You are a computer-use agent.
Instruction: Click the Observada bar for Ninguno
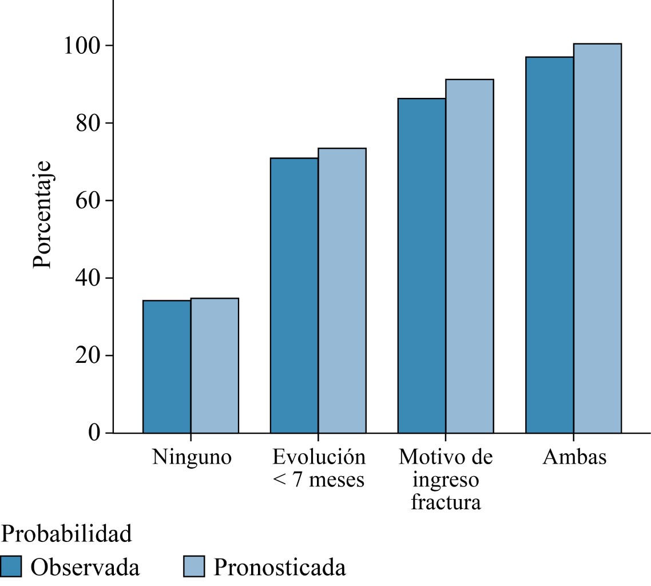click(166, 366)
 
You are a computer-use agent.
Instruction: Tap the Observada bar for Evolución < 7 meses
click(294, 295)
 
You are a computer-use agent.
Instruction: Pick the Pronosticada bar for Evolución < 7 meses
click(342, 290)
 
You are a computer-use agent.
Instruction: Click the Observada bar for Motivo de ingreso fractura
click(422, 266)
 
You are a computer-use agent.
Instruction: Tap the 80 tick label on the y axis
click(88, 123)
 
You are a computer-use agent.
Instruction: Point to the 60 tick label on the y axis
click(88, 201)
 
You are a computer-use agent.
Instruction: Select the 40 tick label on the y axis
click(88, 278)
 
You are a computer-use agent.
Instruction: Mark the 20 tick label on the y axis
click(88, 355)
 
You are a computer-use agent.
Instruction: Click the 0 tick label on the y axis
click(94, 433)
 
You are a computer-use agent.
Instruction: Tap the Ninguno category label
click(192, 458)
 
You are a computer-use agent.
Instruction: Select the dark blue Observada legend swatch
click(11, 567)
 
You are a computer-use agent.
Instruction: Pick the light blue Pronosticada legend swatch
click(194, 567)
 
